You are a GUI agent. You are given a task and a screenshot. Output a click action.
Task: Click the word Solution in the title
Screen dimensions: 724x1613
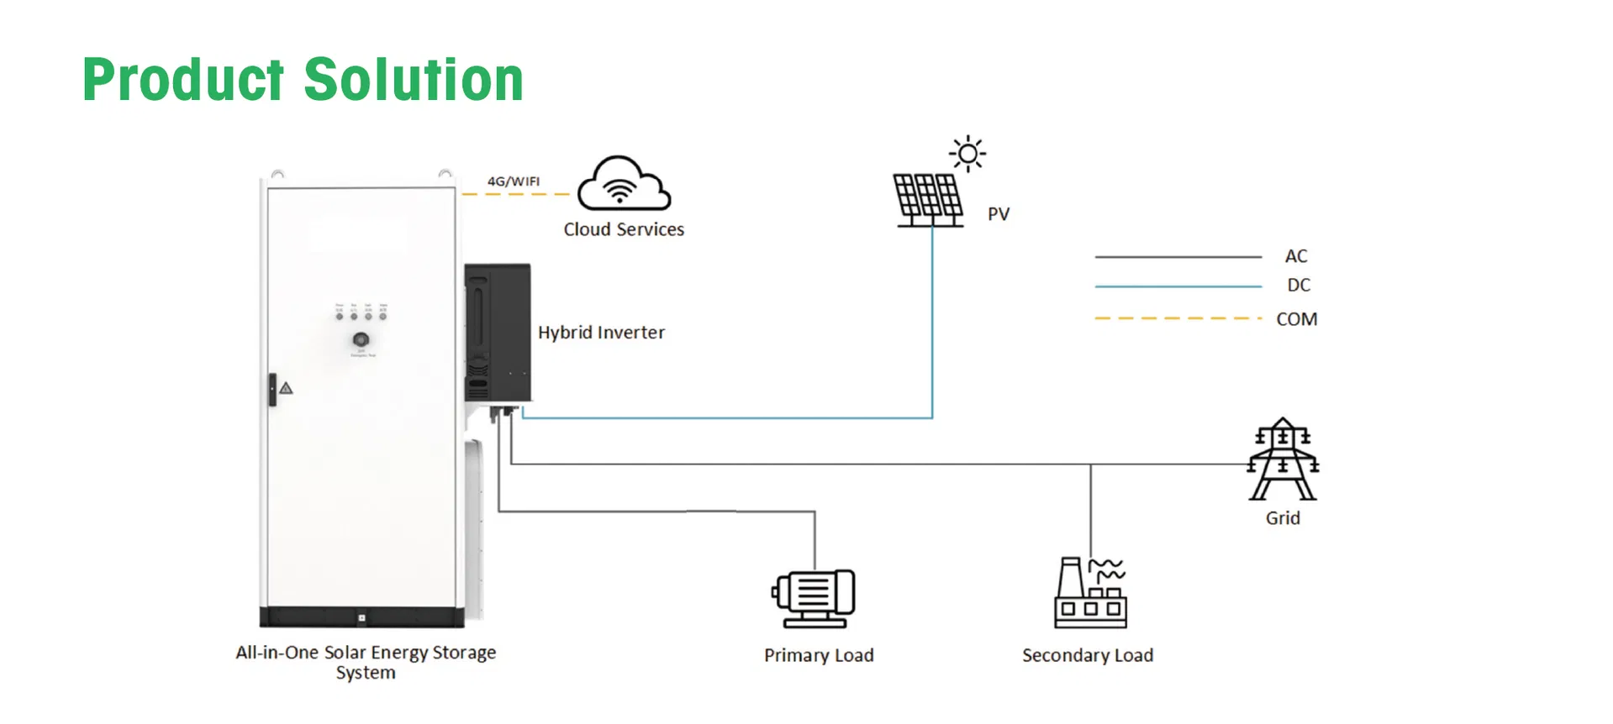(x=413, y=81)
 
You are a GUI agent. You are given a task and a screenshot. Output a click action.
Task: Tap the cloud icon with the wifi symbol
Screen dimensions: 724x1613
(x=623, y=184)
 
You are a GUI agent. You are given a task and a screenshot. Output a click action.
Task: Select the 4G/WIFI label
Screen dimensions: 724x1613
(x=514, y=181)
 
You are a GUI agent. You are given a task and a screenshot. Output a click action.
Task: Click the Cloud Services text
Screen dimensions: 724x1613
(x=624, y=229)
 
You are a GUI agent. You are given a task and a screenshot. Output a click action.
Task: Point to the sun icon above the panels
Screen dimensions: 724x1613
(x=967, y=154)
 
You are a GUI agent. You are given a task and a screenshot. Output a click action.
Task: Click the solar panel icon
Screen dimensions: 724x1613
(x=928, y=200)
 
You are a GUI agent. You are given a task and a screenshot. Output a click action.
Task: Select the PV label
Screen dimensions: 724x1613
(x=999, y=214)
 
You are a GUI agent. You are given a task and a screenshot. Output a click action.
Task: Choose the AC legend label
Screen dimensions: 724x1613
(x=1296, y=256)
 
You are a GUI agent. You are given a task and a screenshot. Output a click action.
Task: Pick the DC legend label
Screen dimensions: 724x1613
(x=1299, y=286)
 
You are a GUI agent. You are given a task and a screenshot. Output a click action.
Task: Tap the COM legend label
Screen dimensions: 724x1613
(x=1297, y=319)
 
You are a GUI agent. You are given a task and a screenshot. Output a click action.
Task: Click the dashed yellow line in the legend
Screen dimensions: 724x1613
(x=1178, y=318)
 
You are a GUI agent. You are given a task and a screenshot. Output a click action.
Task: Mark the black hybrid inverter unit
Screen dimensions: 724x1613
(x=498, y=333)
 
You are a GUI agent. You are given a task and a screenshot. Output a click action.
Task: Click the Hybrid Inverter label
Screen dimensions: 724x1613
(x=601, y=333)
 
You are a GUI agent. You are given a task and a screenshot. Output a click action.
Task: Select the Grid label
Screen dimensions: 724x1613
(x=1283, y=518)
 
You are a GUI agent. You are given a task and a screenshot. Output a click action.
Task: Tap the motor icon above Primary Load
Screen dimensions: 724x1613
(x=814, y=598)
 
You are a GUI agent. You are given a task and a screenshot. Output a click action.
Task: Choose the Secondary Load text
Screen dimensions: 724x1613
(x=1088, y=655)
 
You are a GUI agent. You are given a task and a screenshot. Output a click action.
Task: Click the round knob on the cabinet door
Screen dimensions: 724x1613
(x=361, y=339)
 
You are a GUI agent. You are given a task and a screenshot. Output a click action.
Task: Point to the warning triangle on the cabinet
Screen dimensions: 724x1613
(x=287, y=388)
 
